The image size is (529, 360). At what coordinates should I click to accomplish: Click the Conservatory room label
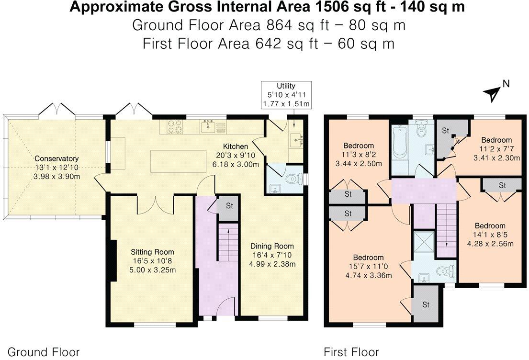[x=56, y=158]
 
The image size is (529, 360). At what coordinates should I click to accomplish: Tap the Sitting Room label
[x=153, y=252]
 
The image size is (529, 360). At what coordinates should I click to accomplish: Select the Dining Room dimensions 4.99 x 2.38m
[x=272, y=264]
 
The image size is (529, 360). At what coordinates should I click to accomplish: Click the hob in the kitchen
[x=174, y=126]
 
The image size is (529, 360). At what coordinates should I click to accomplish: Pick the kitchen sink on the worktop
[x=209, y=126]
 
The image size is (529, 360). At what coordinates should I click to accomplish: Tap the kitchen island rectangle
[x=178, y=161]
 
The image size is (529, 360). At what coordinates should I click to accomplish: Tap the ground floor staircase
[x=229, y=242]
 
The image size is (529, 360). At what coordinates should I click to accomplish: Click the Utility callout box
[x=286, y=95]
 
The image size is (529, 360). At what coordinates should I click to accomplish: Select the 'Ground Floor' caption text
[x=44, y=352]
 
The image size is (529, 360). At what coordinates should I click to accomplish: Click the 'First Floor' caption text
[x=351, y=352]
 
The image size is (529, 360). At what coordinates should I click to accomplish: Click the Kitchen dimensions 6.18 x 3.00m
[x=236, y=165]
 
